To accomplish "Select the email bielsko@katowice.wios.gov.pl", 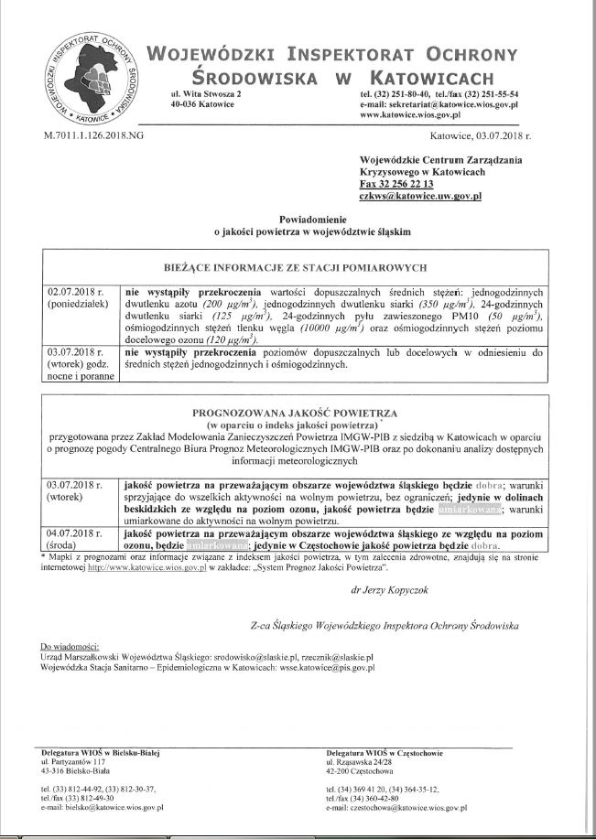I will tap(103, 808).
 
